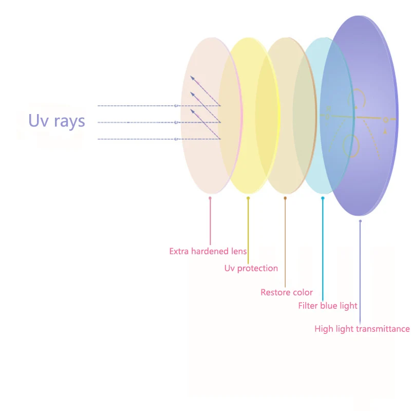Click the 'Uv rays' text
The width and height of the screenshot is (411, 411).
pos(57,121)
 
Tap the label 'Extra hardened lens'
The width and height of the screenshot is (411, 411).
pos(208,251)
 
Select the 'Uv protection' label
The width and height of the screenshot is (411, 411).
pos(251,268)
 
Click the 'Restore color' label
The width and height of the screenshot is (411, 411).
pos(287,292)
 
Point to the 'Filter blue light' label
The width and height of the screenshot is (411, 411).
pos(328,306)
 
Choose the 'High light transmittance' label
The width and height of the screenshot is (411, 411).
pos(362,329)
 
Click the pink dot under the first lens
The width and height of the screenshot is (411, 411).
pos(210,198)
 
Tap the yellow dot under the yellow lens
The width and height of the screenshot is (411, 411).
pos(248,198)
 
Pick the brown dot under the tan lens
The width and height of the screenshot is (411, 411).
pos(285,198)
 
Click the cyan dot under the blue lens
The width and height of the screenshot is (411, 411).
pos(323,198)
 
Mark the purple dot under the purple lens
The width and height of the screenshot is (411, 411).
pos(360,221)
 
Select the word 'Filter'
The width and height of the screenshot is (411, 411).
pos(308,306)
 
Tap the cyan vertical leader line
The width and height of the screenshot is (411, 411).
pos(323,247)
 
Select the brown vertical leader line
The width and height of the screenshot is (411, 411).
pos(285,241)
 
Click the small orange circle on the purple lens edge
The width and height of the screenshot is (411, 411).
pos(385,120)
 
